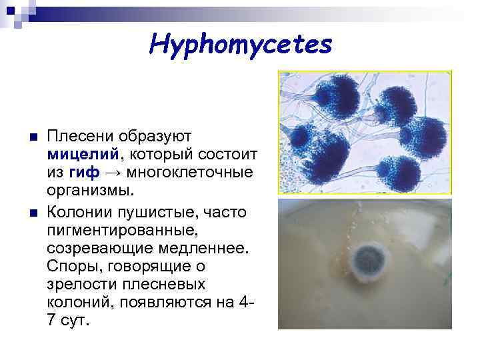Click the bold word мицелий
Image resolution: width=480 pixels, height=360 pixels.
(x=82, y=155)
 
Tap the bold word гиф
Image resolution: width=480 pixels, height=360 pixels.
(x=84, y=173)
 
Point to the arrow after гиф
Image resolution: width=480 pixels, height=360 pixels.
(x=114, y=173)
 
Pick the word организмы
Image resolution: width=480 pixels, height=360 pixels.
(x=91, y=191)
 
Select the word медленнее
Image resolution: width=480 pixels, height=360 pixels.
(x=200, y=248)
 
